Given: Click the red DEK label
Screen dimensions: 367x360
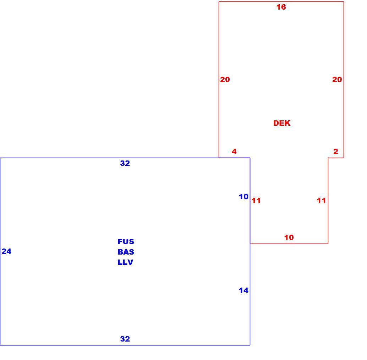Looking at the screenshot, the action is (282, 123).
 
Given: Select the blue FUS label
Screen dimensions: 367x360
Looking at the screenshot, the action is (126, 241).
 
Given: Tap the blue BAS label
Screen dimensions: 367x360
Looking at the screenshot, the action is (126, 252).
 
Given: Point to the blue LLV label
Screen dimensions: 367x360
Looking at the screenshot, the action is (125, 262).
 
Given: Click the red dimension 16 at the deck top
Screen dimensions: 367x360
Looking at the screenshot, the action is (281, 7).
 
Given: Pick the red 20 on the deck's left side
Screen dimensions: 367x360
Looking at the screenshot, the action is (225, 80).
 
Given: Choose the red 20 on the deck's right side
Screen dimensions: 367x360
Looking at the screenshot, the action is (337, 80).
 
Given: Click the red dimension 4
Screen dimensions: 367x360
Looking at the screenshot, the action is (234, 152).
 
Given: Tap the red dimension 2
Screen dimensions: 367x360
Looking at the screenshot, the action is (336, 152).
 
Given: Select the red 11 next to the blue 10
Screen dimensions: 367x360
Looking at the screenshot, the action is (256, 200).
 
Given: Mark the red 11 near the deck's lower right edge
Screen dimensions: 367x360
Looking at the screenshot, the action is (321, 200).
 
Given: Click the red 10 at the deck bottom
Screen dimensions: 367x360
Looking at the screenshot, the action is (289, 238).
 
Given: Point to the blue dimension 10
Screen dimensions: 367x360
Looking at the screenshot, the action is (243, 197).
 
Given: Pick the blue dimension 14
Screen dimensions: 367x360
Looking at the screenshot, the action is (243, 290).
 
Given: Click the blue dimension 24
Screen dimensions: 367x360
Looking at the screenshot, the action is (6, 251).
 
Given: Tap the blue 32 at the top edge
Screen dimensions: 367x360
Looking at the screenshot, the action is (125, 163).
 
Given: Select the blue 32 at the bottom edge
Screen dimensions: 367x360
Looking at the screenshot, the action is (125, 339).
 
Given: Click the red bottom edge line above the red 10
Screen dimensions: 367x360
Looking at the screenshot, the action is (289, 244).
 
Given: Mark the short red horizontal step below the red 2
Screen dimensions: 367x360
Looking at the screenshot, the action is (336, 158).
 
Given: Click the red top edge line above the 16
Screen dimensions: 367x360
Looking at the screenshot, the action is (281, 2).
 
